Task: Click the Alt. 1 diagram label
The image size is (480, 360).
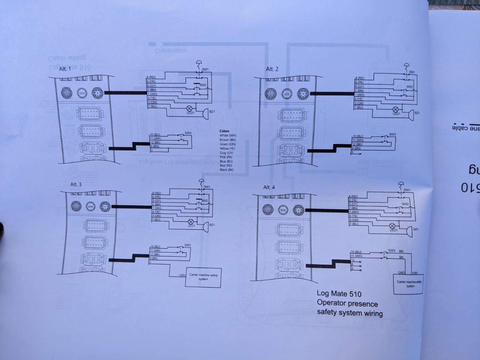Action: tap(65, 69)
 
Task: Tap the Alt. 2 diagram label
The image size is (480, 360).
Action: tap(272, 69)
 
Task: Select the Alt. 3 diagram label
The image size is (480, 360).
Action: tap(76, 184)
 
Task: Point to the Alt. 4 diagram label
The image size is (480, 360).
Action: tap(269, 187)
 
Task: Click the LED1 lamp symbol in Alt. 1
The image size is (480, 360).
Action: tap(189, 108)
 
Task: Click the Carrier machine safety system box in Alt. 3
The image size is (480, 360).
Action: tap(203, 277)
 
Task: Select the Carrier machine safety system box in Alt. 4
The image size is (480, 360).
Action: tap(408, 284)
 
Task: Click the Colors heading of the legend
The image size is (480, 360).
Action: tap(224, 131)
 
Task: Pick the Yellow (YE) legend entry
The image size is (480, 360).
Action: tap(227, 148)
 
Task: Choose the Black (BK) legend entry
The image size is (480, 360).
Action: tap(227, 170)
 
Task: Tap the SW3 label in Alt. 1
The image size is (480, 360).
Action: tap(188, 133)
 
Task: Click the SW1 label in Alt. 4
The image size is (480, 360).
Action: tap(407, 190)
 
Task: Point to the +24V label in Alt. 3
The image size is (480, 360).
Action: tap(182, 275)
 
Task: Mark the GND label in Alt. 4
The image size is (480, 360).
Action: tap(401, 273)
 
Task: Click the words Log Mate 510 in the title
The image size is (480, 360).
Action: tap(339, 293)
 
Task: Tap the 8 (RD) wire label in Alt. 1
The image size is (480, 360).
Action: tap(151, 77)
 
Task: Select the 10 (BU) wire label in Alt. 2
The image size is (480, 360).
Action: tap(358, 136)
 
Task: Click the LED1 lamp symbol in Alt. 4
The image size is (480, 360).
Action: tap(392, 226)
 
